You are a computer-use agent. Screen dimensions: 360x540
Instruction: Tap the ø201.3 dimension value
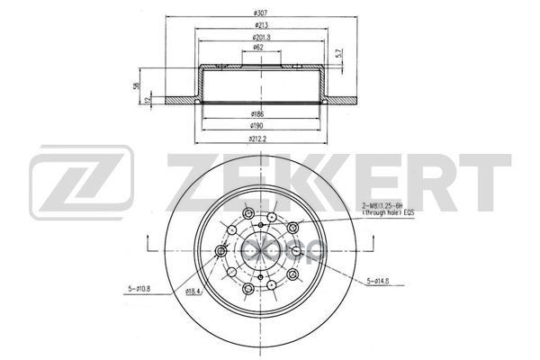[x=262, y=40]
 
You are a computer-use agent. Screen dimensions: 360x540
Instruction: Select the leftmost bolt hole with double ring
[x=221, y=252]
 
